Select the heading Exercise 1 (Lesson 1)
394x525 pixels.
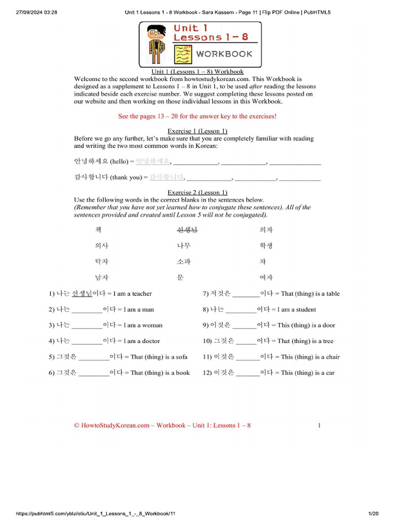[197, 131]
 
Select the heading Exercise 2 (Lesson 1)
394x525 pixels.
[197, 192]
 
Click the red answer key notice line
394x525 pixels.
[197, 116]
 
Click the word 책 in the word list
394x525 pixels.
[98, 230]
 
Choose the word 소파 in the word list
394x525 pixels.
[184, 261]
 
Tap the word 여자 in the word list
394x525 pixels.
[266, 277]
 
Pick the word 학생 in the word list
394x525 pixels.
[266, 246]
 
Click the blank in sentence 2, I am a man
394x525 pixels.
[87, 310]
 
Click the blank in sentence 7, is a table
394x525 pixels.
[246, 294]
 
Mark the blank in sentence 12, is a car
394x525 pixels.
[248, 373]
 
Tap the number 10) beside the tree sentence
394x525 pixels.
[207, 341]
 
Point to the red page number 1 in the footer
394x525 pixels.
[319, 425]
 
